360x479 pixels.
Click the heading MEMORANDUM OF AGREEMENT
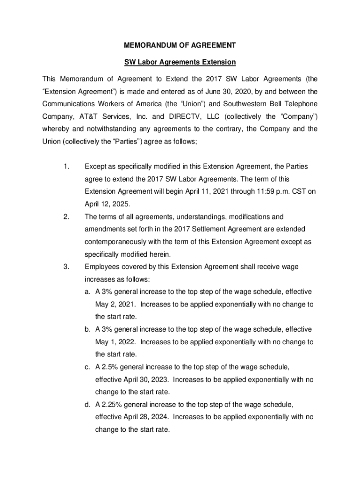[180, 46]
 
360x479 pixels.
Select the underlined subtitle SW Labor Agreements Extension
[180, 62]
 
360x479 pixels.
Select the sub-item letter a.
[87, 292]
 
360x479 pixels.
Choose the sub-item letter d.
[87, 405]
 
